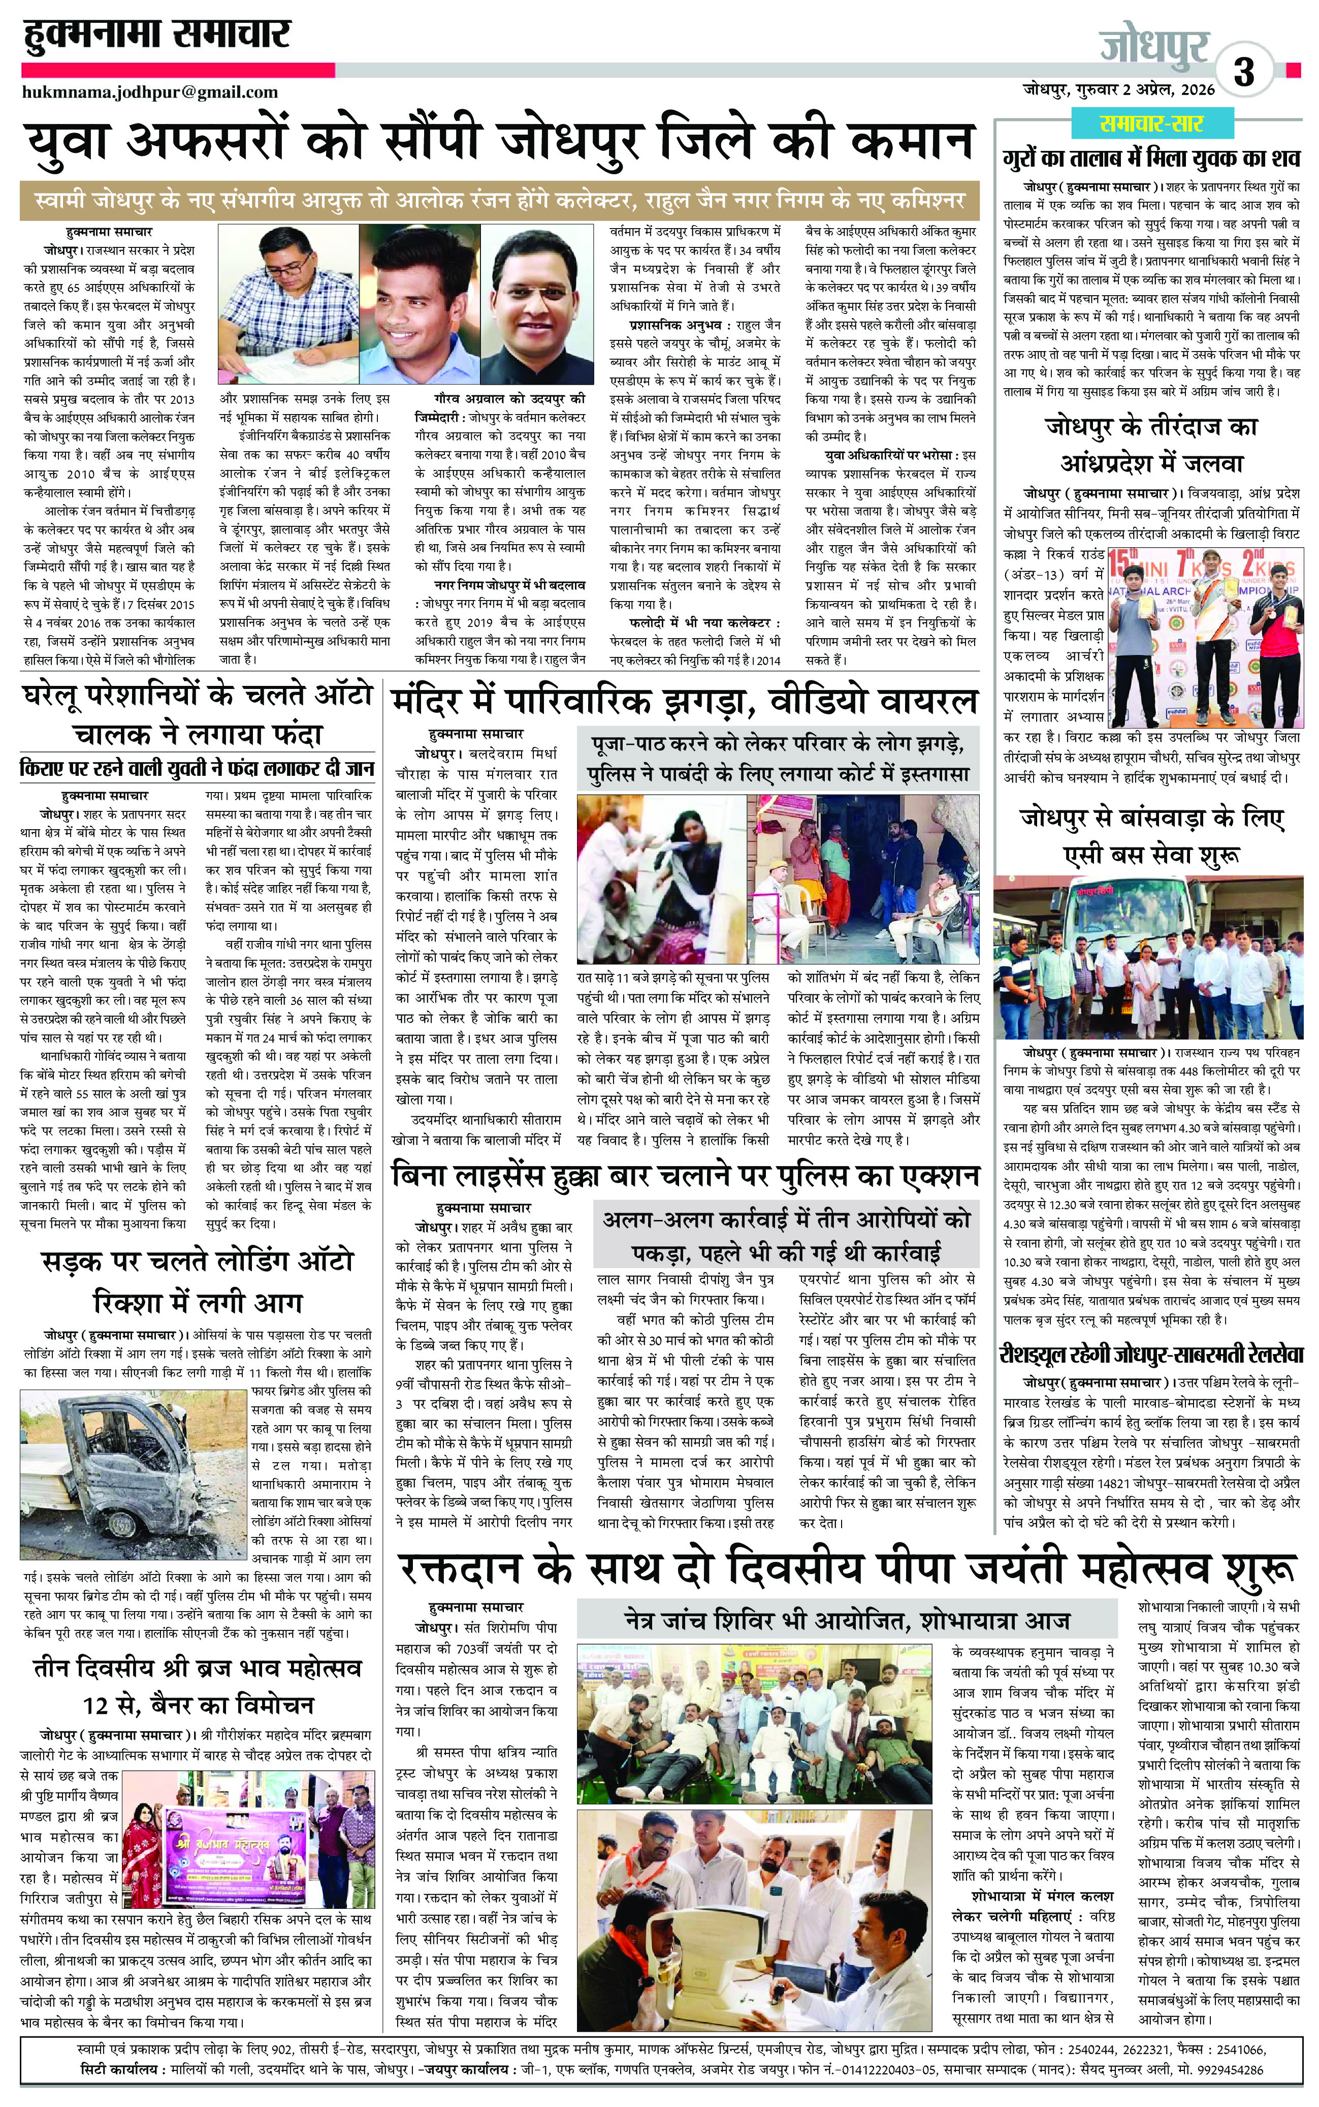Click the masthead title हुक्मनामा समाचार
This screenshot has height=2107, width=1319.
point(157,37)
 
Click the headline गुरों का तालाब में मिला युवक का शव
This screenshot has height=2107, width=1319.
point(1151,160)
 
